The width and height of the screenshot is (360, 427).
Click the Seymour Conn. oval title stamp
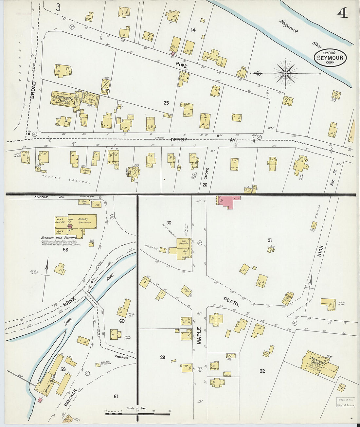point(330,58)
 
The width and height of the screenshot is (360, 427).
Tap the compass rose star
point(286,73)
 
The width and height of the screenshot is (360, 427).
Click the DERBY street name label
point(179,140)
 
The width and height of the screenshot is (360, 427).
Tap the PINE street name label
point(181,66)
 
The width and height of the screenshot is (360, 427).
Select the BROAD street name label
point(33,90)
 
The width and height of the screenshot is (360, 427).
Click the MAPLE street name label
point(199,335)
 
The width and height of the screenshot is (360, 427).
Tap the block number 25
point(166,103)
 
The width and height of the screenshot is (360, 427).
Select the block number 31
point(270,240)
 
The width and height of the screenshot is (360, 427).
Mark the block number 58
point(65,250)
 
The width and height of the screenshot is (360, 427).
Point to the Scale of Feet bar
point(137,414)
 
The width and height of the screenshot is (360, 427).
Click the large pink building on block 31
point(226,201)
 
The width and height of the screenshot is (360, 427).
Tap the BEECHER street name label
point(70,398)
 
